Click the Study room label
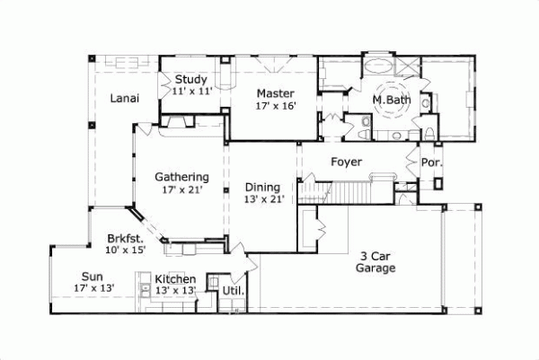191,79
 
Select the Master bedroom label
276,93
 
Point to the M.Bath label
393,101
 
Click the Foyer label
346,162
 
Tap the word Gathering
181,177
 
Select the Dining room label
263,188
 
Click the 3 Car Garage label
375,260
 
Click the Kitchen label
175,279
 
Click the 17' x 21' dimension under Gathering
181,189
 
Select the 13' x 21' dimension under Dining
264,199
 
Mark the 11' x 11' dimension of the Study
191,91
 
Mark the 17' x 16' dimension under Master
276,105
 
